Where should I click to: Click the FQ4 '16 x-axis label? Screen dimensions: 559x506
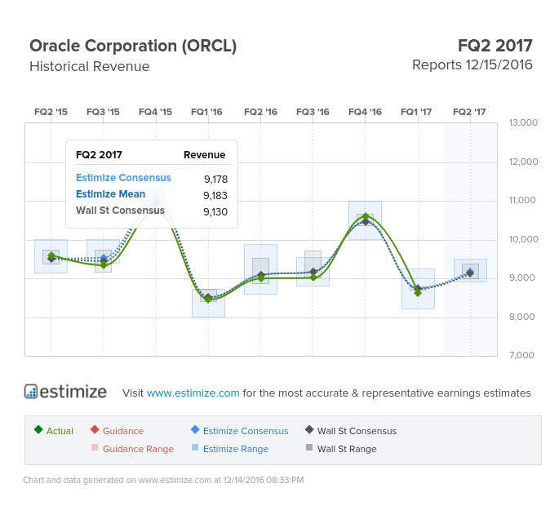[365, 112]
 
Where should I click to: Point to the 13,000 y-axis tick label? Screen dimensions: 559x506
[523, 122]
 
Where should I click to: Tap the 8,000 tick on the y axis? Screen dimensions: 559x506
[522, 317]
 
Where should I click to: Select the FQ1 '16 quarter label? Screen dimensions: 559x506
[206, 112]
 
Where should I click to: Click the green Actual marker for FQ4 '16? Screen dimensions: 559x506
[366, 216]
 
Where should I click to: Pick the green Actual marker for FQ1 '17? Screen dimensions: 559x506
[418, 293]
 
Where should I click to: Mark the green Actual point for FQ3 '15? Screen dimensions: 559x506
[104, 265]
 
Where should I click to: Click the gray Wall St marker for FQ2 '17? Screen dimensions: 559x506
[470, 273]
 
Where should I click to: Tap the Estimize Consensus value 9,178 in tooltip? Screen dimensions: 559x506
[215, 179]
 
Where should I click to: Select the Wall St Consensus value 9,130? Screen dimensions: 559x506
[215, 212]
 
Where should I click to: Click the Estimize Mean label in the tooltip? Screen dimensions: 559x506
[110, 194]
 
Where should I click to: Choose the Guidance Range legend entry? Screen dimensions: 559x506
[133, 449]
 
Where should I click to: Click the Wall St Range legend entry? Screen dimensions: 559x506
[341, 449]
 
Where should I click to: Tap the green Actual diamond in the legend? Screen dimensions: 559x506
[38, 429]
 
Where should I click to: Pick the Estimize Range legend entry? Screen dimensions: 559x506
[230, 449]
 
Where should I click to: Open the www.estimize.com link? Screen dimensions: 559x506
[193, 393]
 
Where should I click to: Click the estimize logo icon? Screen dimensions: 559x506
[31, 391]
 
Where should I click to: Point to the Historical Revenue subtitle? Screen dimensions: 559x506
[90, 67]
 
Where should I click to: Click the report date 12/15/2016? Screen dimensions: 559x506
[499, 65]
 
